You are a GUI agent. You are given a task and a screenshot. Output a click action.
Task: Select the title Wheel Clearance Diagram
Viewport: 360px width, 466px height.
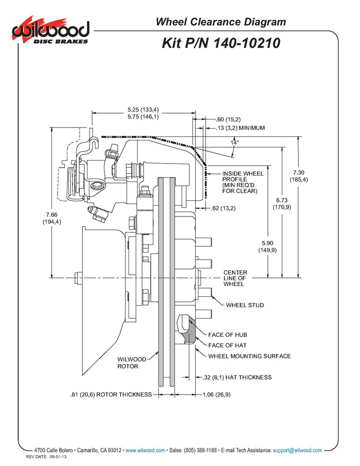point(221,22)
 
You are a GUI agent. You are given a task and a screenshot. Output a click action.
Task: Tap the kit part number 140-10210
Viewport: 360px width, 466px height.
point(221,43)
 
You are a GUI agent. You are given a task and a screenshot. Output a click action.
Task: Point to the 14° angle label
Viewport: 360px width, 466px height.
point(235,144)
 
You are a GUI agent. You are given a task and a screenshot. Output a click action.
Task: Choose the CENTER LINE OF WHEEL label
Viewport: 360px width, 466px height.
point(235,278)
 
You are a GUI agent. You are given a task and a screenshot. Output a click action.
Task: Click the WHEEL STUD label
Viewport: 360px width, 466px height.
point(245,305)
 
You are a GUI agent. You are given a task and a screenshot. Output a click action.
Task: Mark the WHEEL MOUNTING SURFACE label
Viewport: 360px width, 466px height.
point(249,356)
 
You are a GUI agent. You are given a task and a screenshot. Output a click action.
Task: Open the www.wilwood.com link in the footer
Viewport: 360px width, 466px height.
point(146,450)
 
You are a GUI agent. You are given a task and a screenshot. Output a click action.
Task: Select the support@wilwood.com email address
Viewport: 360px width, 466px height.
point(297,450)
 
